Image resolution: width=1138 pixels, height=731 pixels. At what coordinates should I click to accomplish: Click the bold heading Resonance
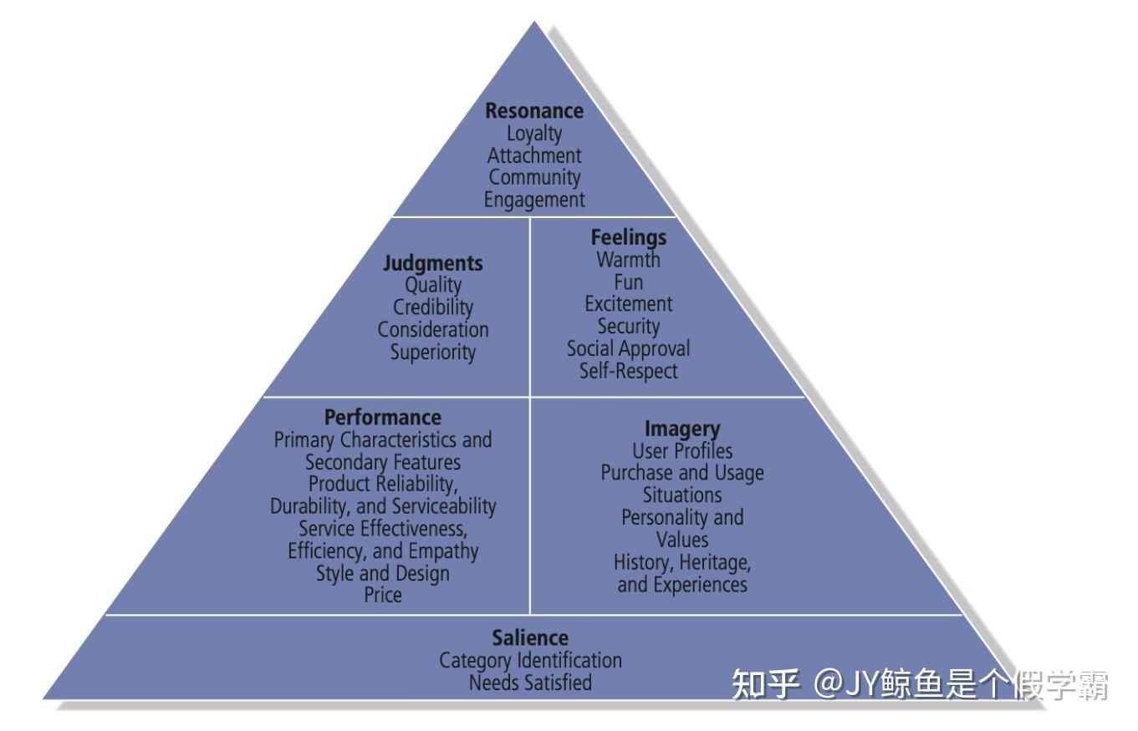pos(534,111)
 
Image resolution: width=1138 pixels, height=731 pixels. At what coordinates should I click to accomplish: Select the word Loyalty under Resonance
pos(534,134)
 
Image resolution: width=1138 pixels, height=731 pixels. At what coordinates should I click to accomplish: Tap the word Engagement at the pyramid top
pos(534,201)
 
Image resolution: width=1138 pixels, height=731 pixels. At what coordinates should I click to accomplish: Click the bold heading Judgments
pos(433,263)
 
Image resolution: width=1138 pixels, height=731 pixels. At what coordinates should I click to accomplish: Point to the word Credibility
pos(433,307)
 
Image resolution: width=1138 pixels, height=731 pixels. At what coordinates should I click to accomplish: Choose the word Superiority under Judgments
pos(433,352)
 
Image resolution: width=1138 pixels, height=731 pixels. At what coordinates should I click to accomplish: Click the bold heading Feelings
pos(629,238)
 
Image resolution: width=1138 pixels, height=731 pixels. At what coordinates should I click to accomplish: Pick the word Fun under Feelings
pos(629,282)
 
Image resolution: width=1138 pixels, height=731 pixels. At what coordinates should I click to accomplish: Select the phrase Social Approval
pos(629,348)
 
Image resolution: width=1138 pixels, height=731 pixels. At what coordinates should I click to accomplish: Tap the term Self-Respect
pos(629,371)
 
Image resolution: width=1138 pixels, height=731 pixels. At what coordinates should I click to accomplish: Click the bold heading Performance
pos(383,418)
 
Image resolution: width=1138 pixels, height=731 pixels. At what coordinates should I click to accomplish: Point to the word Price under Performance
pos(383,596)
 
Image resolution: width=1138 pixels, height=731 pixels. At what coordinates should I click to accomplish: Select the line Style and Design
pos(383,574)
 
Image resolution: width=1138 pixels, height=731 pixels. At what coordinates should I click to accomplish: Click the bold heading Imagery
pos(682,429)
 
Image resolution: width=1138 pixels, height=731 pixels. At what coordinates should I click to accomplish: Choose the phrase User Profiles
pos(682,451)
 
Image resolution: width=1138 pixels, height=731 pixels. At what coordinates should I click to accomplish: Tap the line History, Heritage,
pos(682,562)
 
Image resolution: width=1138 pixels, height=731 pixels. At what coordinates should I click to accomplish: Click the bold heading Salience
pos(530,638)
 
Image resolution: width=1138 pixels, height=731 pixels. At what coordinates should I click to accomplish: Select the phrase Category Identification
pos(530,661)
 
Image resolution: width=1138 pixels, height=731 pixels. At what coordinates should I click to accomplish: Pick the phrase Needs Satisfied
pos(530,683)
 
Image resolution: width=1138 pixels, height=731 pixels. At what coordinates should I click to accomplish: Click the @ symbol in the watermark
pos(827,685)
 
